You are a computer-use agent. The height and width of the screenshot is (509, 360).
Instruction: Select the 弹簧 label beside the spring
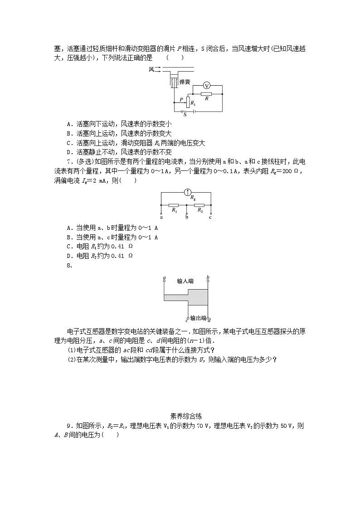185,82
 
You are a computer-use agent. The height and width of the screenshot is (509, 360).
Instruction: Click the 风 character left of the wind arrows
151,69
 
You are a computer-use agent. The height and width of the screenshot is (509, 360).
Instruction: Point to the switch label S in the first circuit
185,115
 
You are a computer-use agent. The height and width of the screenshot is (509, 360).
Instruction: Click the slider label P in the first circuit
181,100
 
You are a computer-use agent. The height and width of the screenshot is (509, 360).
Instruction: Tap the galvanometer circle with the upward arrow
186,192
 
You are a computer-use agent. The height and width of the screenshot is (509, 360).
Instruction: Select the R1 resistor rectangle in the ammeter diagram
174,205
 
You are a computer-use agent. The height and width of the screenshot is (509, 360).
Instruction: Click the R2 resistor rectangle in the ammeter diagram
199,205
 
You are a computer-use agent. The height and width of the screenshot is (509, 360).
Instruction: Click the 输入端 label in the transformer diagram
185,281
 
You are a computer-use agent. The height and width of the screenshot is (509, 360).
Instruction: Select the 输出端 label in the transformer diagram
198,318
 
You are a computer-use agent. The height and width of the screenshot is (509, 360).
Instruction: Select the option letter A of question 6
68,123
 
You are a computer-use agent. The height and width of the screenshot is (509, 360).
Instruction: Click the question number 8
69,266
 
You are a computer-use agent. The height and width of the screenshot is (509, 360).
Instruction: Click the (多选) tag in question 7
83,162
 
